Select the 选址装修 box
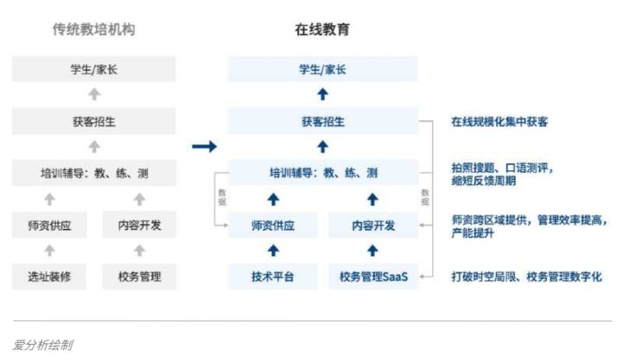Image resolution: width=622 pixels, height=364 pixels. point(49,278)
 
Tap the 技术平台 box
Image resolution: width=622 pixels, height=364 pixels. point(273,278)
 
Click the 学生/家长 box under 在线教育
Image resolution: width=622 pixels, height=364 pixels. point(322,70)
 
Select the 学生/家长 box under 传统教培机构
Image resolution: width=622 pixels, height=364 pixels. point(93,70)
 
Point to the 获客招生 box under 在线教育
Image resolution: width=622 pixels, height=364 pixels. point(322,122)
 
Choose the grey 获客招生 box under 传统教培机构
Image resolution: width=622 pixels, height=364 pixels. point(93,122)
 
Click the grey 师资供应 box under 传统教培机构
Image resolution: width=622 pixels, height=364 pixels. point(49,226)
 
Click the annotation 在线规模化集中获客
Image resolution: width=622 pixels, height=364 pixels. point(498,123)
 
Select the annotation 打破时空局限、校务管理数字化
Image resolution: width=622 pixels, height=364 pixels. point(525,278)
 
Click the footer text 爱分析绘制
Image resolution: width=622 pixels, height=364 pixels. point(42,345)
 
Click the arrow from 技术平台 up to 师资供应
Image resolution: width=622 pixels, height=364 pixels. point(273,252)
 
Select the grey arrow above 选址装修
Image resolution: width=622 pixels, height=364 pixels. point(49,252)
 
